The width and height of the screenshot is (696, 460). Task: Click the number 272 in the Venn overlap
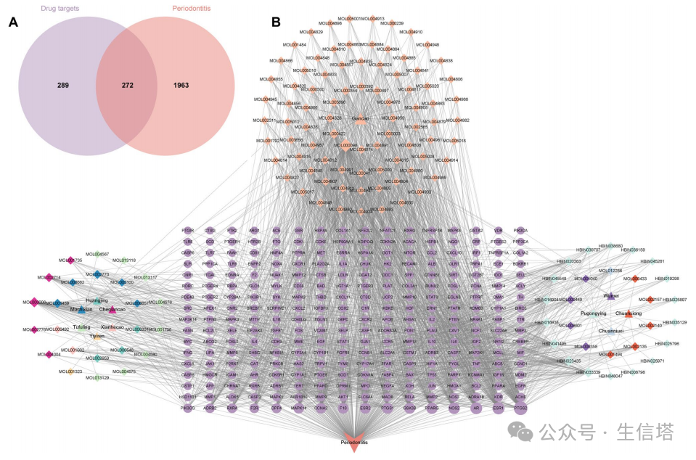pos(127,85)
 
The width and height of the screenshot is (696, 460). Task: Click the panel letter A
pos(13,22)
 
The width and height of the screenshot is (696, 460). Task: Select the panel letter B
pos(276,22)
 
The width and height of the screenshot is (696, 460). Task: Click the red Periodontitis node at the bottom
pos(354,444)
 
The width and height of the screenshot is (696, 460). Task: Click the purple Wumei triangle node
pos(610,296)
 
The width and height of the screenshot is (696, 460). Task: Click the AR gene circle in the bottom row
pos(476,408)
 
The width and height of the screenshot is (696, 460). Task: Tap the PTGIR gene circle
pos(188,230)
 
